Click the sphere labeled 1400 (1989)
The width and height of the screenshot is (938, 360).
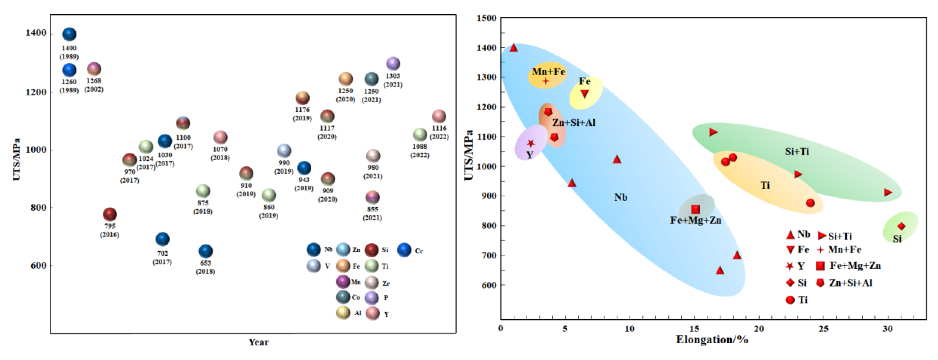pyautogui.click(x=69, y=34)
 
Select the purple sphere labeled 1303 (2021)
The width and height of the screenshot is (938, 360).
pyautogui.click(x=393, y=64)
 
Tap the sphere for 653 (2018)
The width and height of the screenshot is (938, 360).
pyautogui.click(x=206, y=251)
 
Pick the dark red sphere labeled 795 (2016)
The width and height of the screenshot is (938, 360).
pyautogui.click(x=110, y=214)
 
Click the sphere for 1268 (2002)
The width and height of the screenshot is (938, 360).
pyautogui.click(x=94, y=69)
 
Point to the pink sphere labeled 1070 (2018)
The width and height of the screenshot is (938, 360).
pyautogui.click(x=220, y=137)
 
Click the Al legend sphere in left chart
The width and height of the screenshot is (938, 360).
pyautogui.click(x=343, y=313)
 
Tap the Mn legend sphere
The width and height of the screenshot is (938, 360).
pyautogui.click(x=343, y=282)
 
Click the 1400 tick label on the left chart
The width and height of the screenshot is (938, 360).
pyautogui.click(x=36, y=33)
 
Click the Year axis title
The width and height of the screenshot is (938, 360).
pyautogui.click(x=258, y=342)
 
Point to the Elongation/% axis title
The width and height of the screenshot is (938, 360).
pyautogui.click(x=712, y=340)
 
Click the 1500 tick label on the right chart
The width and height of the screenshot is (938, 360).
pyautogui.click(x=487, y=18)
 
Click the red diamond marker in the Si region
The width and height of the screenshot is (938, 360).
pyautogui.click(x=901, y=226)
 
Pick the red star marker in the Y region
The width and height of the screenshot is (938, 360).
pyautogui.click(x=531, y=143)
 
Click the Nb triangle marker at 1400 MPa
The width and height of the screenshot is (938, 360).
pyautogui.click(x=513, y=48)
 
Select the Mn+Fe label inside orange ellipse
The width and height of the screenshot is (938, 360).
pyautogui.click(x=548, y=72)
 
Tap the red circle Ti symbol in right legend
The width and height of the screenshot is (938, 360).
pyautogui.click(x=790, y=300)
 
